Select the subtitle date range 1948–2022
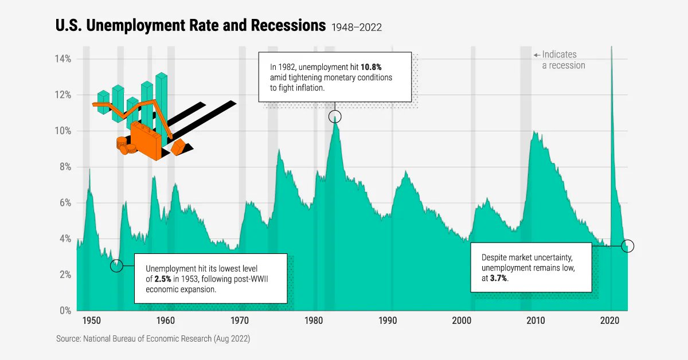tap(356, 27)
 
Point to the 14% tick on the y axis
tap(63, 59)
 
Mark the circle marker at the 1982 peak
tap(335, 117)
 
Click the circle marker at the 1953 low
tap(116, 266)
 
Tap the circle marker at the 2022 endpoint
tap(628, 246)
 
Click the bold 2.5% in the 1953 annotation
tap(164, 279)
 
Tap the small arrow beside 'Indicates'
tap(537, 55)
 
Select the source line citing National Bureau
tap(153, 339)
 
